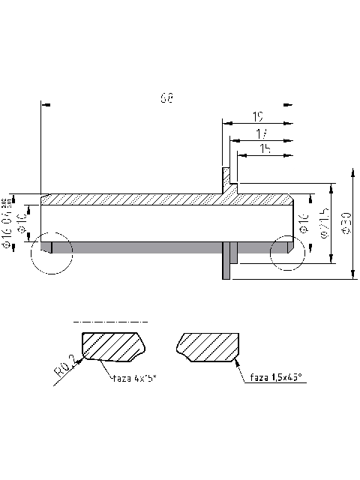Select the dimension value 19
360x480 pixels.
coord(257,117)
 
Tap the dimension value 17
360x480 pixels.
coord(262,133)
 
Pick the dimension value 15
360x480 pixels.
coord(265,149)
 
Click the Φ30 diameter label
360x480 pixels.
coord(346,224)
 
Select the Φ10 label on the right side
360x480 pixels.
coord(304,224)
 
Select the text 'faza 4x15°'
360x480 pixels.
coord(134,379)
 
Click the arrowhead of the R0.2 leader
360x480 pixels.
coord(82,357)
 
